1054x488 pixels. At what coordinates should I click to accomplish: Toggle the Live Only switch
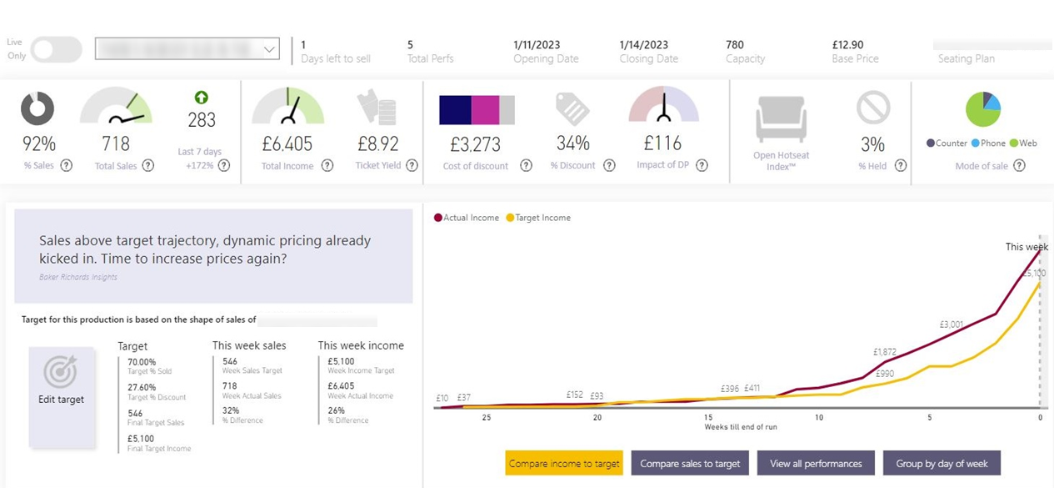tap(57, 49)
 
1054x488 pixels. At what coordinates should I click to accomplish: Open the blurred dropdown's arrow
tap(269, 49)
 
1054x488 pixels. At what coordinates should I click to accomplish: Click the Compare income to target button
tap(564, 463)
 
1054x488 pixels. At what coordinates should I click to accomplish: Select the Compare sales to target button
tap(690, 463)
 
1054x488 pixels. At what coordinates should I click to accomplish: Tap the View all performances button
tap(816, 463)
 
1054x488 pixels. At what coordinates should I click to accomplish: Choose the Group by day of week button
tap(942, 463)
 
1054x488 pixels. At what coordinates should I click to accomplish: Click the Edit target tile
tap(62, 398)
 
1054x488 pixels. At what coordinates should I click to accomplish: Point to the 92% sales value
tap(38, 144)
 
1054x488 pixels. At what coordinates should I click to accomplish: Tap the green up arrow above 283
tap(202, 98)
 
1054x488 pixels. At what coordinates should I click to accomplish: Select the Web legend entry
tap(1023, 143)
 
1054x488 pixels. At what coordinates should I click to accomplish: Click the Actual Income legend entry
tap(467, 218)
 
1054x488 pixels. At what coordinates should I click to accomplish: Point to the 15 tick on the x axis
tap(708, 417)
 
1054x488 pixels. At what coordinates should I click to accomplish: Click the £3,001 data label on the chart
tap(951, 324)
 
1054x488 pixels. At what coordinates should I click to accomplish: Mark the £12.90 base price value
tap(847, 45)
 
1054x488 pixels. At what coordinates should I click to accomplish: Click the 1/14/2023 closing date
tap(643, 45)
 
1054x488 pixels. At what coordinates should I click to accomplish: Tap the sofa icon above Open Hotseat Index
tap(782, 118)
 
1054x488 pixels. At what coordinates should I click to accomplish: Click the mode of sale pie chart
tap(983, 109)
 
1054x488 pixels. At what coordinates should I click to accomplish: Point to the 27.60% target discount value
tap(142, 387)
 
